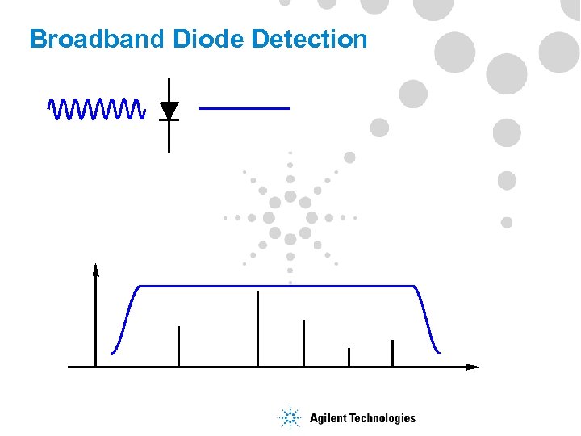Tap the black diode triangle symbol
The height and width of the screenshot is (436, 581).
point(169,110)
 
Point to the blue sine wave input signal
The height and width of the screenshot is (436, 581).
point(96,107)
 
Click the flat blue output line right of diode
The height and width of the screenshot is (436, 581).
point(244,107)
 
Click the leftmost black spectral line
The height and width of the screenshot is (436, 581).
point(178,346)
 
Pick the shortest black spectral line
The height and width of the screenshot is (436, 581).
point(349,357)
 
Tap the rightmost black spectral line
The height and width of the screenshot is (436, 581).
point(392,353)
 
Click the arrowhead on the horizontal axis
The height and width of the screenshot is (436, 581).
point(473,367)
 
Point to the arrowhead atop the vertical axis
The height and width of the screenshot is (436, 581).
point(96,270)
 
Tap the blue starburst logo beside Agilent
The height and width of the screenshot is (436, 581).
point(288,417)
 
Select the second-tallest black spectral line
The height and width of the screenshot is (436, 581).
point(303,343)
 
